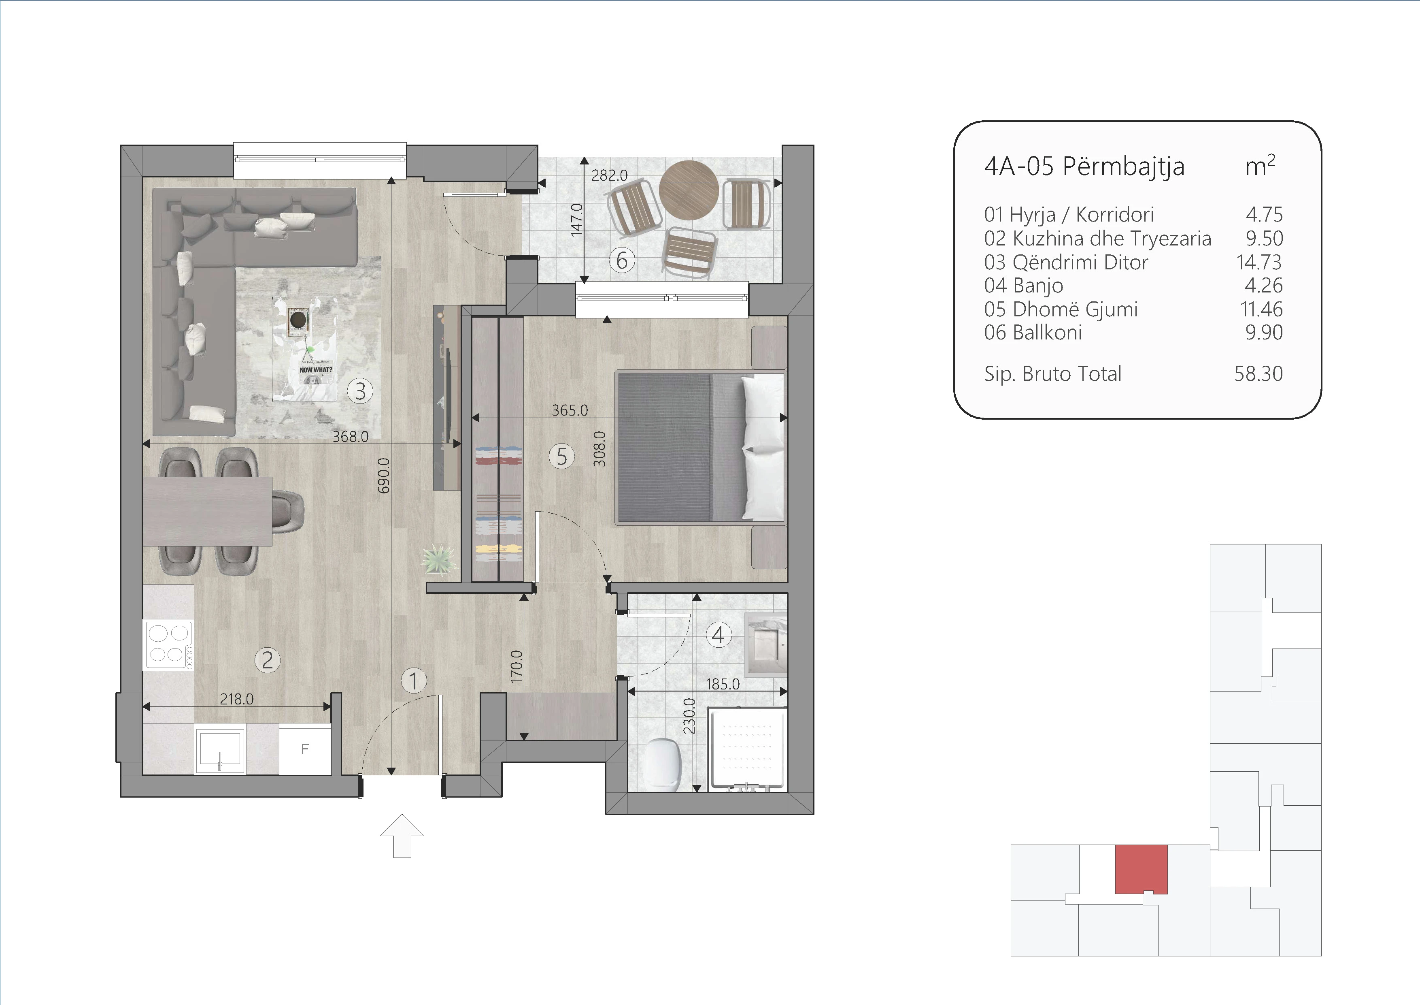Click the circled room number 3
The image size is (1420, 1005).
point(360,391)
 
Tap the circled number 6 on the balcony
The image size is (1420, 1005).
point(622,260)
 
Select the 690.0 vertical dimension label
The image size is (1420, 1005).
point(383,475)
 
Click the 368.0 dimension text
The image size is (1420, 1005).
point(350,436)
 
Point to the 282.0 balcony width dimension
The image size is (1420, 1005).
point(609,175)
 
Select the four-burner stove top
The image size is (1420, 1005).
point(168,645)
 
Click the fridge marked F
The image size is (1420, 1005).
point(305,749)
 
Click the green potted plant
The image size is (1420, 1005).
point(439,560)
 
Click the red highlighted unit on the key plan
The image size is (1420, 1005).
point(1141,869)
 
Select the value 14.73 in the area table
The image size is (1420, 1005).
point(1259,262)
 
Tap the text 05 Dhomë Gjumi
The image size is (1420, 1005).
point(1061,309)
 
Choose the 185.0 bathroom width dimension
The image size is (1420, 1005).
point(723,684)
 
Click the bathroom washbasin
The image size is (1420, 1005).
point(766,643)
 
